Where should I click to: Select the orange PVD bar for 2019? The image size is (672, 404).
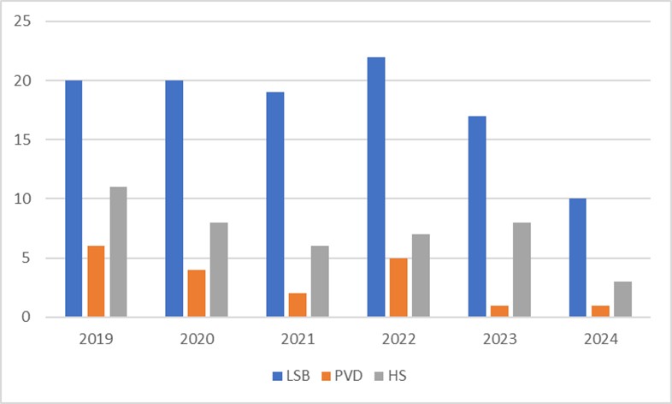click(x=96, y=282)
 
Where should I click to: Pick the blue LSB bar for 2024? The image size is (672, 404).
click(x=577, y=258)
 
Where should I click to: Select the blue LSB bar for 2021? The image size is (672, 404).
click(x=275, y=205)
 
